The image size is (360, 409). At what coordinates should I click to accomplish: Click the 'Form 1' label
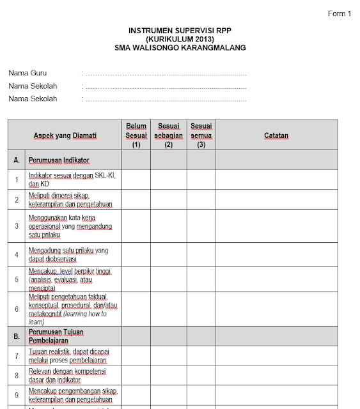coord(340,13)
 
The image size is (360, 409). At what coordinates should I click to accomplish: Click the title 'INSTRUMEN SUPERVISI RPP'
coord(180,30)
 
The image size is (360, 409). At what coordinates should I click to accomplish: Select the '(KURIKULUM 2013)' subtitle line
coord(180,38)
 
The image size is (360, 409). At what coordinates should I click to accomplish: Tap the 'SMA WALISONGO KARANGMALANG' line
coord(180,47)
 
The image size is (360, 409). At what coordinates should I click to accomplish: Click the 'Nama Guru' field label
coord(27,73)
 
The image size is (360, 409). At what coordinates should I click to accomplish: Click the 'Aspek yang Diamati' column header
coord(65,135)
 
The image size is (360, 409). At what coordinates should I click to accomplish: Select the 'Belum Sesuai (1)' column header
coord(136,135)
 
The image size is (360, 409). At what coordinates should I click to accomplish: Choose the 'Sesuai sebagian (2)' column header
coord(169,135)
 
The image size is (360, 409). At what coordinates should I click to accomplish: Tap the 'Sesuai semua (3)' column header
coord(201,135)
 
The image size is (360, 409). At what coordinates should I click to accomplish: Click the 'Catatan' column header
coord(276,135)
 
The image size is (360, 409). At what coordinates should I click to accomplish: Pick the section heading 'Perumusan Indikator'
coord(59,160)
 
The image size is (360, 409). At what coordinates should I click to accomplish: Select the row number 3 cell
coord(17,226)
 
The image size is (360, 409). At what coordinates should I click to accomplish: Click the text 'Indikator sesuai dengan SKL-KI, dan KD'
coord(72,180)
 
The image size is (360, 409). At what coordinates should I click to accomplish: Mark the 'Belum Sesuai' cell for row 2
coord(136,200)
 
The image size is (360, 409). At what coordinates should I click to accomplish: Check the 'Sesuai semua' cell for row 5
coord(201,279)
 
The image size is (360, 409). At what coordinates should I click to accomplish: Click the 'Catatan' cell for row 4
coord(276,254)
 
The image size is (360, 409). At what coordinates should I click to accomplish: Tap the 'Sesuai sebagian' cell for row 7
coord(169,356)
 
